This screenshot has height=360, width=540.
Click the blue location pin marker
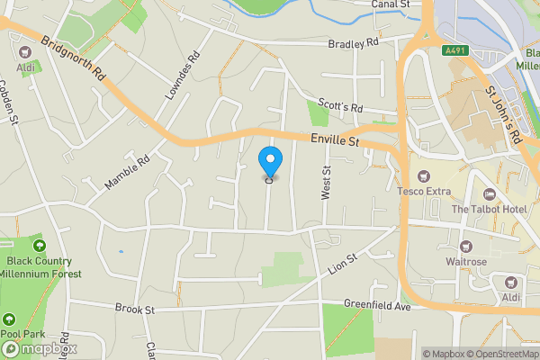pos(270,163)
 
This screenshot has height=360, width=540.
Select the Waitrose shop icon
pos(465,246)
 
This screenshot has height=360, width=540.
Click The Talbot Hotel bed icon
pos(490,194)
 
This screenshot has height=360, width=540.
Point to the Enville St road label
pos(335,140)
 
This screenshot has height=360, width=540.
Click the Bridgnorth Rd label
pos(75,59)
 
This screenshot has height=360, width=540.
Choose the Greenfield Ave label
pos(376,307)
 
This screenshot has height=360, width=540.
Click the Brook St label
pos(135,310)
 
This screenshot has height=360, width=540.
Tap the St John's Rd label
pos(504,115)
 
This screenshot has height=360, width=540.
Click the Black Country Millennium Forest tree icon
pos(38,244)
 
